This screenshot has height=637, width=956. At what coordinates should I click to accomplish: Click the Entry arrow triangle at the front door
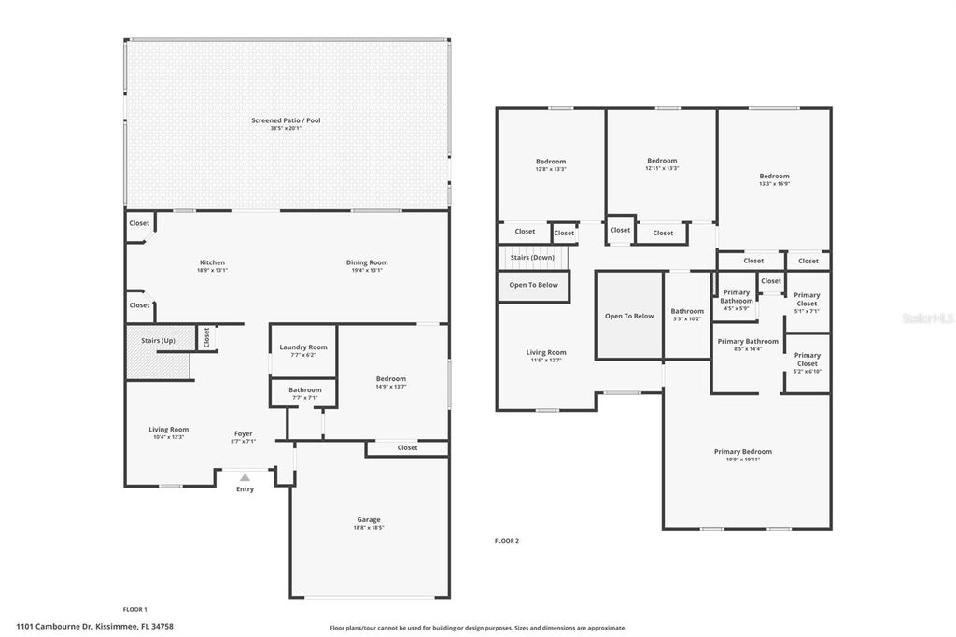pos(245,477)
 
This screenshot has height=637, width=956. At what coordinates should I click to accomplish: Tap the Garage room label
pos(369,520)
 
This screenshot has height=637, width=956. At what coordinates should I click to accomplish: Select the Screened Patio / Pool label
pos(286,120)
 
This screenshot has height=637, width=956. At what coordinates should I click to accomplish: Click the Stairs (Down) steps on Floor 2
pos(532,257)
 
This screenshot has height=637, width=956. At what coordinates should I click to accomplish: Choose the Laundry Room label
pos(303,347)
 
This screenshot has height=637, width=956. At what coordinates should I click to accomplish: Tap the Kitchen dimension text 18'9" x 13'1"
pos(212,271)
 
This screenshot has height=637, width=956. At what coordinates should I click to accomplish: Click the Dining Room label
pos(367,262)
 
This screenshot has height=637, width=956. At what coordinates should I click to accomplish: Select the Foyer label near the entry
pos(243,433)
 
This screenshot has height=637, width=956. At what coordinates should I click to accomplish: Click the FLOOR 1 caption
pos(135,609)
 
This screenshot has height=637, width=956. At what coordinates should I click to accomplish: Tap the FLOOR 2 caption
pos(507,540)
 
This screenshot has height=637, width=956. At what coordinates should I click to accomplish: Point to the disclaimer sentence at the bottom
pos(477,628)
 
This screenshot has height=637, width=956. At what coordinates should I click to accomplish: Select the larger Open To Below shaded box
pos(629,316)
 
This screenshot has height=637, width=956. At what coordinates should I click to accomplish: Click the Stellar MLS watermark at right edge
pos(928,318)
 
